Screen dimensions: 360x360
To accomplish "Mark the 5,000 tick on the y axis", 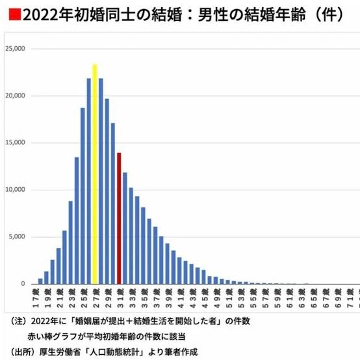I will pos(16,237).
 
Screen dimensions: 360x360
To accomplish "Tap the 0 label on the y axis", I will pos(23,284).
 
